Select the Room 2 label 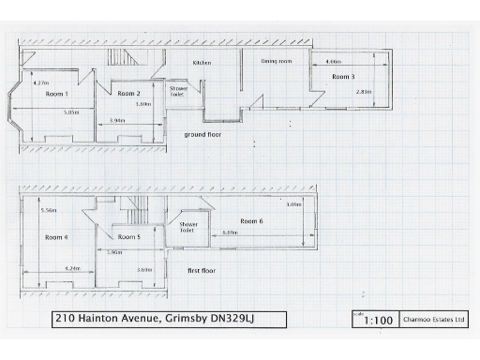pos(127,94)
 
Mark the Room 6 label pos(251,220)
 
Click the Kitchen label pos(202,63)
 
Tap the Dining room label pos(277,61)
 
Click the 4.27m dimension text pos(40,82)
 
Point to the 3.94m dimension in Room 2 pos(117,121)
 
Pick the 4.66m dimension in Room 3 pos(333,62)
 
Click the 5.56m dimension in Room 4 pos(49,210)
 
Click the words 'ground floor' pos(202,134)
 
